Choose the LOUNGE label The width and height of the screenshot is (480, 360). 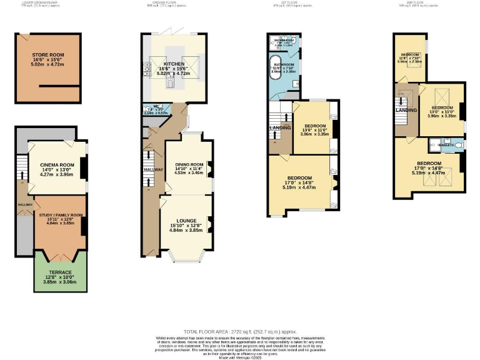pos(186,221)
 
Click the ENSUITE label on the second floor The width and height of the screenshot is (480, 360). pos(446,145)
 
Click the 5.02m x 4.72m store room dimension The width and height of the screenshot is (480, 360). pos(48,64)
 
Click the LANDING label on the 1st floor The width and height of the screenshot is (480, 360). pos(280,128)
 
